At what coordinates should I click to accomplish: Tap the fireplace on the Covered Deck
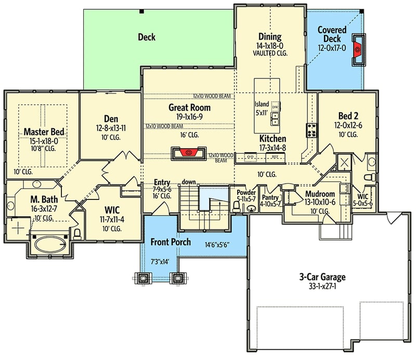(358, 49)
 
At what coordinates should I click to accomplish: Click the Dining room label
(270, 37)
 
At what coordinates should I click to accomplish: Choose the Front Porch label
(171, 242)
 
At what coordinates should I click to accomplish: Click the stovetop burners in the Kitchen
(312, 130)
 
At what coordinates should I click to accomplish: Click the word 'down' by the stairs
(188, 182)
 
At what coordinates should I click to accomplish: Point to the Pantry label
(270, 198)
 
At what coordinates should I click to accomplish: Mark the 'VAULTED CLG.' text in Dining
(270, 53)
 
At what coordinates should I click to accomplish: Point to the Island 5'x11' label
(263, 106)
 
